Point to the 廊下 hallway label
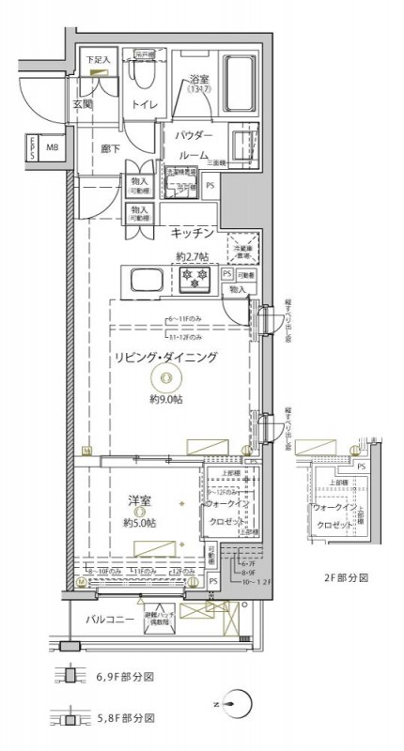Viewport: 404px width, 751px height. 110,147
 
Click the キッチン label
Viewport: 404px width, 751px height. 194,232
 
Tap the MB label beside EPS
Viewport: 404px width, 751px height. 53,147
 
